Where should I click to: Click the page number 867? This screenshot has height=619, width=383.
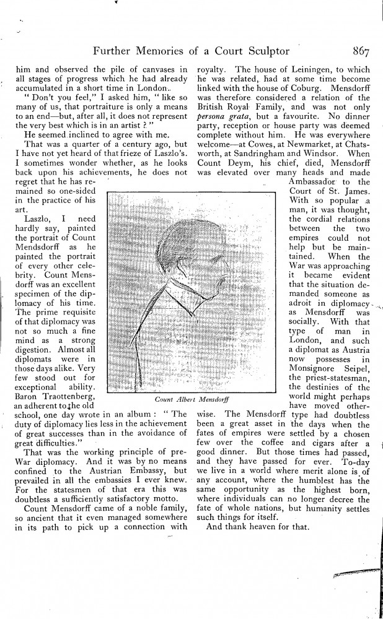359,52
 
